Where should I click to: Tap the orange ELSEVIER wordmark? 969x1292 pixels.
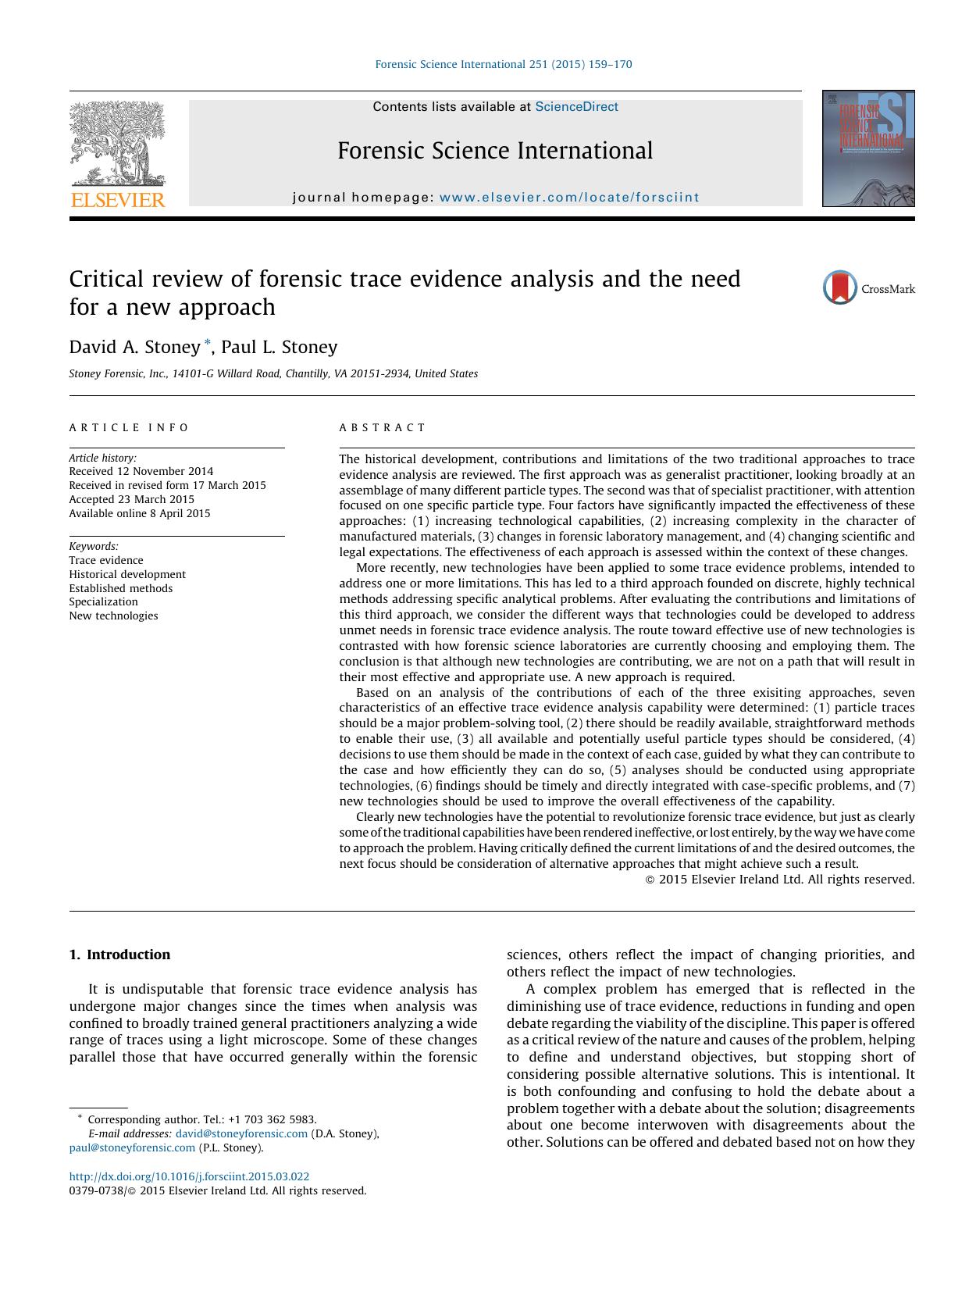coord(118,200)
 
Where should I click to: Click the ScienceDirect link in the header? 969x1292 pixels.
coord(576,107)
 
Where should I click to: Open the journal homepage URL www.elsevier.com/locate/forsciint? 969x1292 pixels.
coord(569,198)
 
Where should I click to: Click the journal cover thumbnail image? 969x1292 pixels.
coord(867,148)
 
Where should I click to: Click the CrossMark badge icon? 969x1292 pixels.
coord(840,288)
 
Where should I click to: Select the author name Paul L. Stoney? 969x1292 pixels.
coord(280,347)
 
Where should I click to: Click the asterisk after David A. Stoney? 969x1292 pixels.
coord(207,343)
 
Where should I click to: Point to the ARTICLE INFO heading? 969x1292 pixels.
coord(129,427)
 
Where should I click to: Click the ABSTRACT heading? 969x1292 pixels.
coord(383,427)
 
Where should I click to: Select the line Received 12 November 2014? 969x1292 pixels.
coord(141,471)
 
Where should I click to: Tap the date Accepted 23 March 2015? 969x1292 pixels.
coord(131,499)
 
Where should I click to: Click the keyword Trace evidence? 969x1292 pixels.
coord(106,560)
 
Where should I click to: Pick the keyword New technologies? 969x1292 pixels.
coord(113,616)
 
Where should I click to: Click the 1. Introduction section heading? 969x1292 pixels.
coord(119,955)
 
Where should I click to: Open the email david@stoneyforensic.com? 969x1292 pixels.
coord(241,1133)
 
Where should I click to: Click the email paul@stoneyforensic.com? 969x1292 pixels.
coord(132,1147)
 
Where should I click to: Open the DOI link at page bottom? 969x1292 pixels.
coord(189,1176)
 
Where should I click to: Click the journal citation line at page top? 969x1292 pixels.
coord(504,64)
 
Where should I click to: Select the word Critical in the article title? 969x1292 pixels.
coord(105,279)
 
